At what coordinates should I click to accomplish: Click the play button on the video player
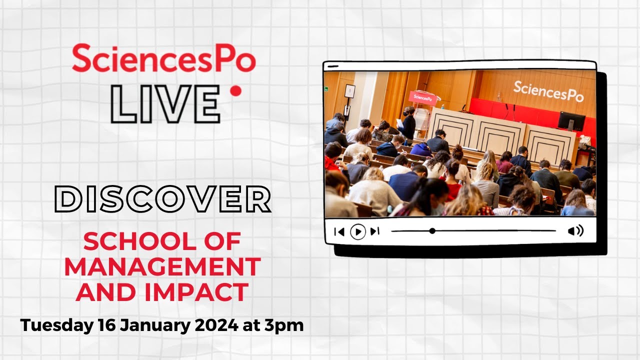click(357, 231)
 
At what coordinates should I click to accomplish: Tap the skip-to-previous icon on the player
click(339, 231)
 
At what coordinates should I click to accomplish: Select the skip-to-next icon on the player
click(375, 231)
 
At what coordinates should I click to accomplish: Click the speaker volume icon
click(575, 231)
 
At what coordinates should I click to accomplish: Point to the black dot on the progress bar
click(432, 231)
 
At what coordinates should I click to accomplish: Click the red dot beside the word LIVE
click(235, 91)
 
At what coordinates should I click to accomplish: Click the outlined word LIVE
click(165, 104)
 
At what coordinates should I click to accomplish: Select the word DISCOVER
click(162, 200)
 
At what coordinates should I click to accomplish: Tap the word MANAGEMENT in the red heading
click(162, 267)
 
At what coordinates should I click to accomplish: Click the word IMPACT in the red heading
click(205, 292)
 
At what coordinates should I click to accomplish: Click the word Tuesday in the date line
click(55, 325)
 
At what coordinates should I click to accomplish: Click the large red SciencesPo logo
click(163, 58)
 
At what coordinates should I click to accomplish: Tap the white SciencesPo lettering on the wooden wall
click(548, 90)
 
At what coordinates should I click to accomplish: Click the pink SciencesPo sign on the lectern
click(423, 97)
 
